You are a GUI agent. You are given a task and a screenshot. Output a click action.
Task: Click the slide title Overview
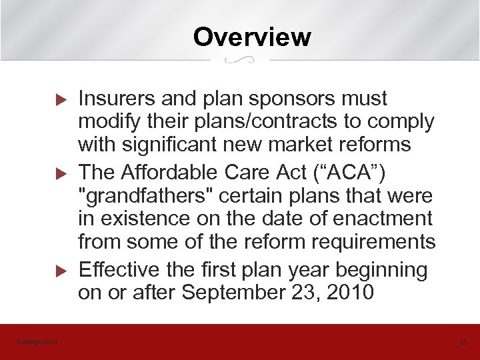[252, 37]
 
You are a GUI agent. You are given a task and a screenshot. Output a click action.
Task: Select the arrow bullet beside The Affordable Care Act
[59, 174]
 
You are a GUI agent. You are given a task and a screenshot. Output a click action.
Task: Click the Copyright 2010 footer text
[37, 342]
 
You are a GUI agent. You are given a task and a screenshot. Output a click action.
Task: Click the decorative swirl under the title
[240, 61]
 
